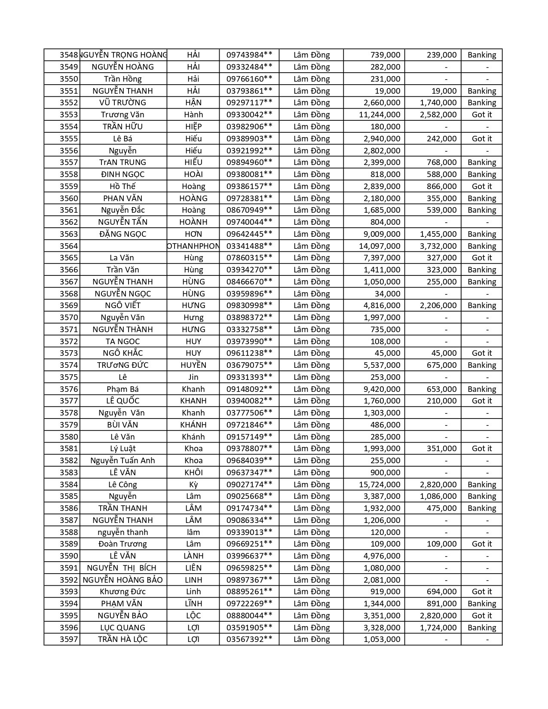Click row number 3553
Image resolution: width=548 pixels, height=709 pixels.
point(69,115)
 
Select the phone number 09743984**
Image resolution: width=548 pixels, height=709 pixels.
point(249,55)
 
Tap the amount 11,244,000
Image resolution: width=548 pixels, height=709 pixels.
point(380,115)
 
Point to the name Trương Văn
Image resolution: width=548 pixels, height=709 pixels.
point(122,115)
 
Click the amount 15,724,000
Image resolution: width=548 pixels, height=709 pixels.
point(380,485)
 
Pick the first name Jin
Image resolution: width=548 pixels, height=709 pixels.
point(193,377)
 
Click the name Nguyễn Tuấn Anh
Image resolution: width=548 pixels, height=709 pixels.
point(122,461)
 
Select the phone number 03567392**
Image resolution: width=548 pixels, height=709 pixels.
point(249,639)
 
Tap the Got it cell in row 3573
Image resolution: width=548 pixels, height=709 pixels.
point(481,353)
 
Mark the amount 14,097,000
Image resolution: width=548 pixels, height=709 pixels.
point(380,246)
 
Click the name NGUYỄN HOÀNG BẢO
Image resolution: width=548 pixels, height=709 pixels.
point(122,580)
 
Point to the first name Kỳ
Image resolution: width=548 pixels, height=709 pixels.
point(193,485)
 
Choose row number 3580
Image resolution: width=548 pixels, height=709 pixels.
point(69,437)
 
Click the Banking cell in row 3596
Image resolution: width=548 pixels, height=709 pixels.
point(481,628)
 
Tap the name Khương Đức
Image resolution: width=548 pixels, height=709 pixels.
point(122,592)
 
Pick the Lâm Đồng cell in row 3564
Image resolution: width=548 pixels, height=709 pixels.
point(312,246)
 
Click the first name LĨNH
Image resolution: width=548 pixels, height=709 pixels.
point(193,604)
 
